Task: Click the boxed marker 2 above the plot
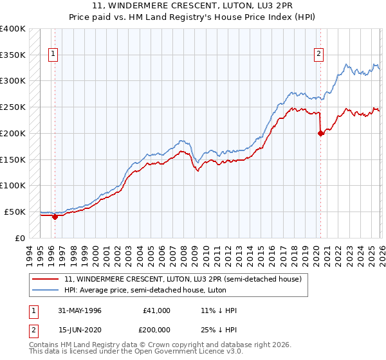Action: click(318, 55)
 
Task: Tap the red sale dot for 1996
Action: click(55, 217)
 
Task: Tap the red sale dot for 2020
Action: click(320, 133)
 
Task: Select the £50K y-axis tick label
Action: click(15, 212)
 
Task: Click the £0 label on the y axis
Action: click(21, 238)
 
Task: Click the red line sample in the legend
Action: click(46, 279)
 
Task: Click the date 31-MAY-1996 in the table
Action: click(79, 310)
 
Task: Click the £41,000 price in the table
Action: click(156, 310)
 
